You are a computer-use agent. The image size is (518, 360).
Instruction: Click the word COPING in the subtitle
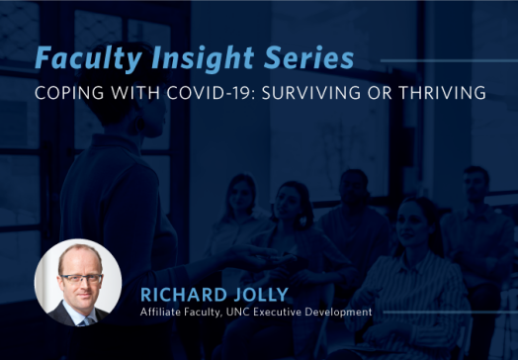64,94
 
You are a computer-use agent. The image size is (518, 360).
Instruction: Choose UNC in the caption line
246,313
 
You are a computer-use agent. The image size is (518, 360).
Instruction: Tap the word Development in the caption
346,313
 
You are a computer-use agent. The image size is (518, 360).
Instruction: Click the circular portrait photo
78,283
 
